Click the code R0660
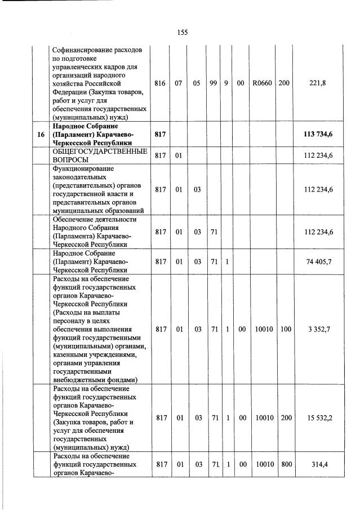[262, 83]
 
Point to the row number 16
[40, 135]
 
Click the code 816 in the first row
[160, 83]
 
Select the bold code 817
[160, 135]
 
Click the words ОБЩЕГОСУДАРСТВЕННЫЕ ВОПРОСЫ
[99, 156]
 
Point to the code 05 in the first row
[198, 83]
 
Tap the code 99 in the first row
[213, 83]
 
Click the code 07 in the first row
[178, 83]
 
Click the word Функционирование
[83, 168]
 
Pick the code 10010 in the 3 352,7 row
[262, 329]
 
